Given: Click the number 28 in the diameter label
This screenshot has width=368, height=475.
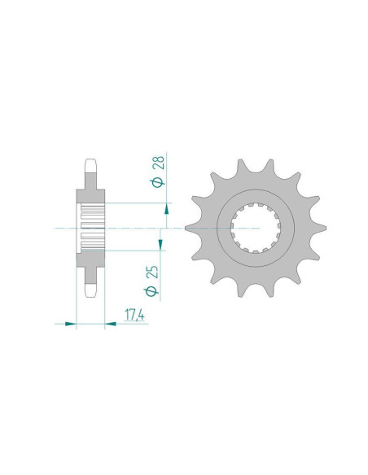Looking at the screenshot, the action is (160, 163).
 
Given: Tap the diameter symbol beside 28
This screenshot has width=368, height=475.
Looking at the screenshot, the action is (158, 182).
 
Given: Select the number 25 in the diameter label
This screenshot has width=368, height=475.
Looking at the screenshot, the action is (153, 272).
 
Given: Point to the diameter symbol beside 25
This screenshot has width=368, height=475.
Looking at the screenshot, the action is (151, 291).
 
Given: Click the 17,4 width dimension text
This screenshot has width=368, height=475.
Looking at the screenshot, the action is (134, 315).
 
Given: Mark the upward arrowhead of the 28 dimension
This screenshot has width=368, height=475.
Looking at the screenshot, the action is (166, 209).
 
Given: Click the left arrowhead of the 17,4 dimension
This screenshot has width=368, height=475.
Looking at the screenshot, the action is (70, 324).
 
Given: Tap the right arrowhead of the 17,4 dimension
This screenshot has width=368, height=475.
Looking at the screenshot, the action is (111, 324).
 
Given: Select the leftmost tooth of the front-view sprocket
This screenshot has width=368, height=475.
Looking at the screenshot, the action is (191, 228).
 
